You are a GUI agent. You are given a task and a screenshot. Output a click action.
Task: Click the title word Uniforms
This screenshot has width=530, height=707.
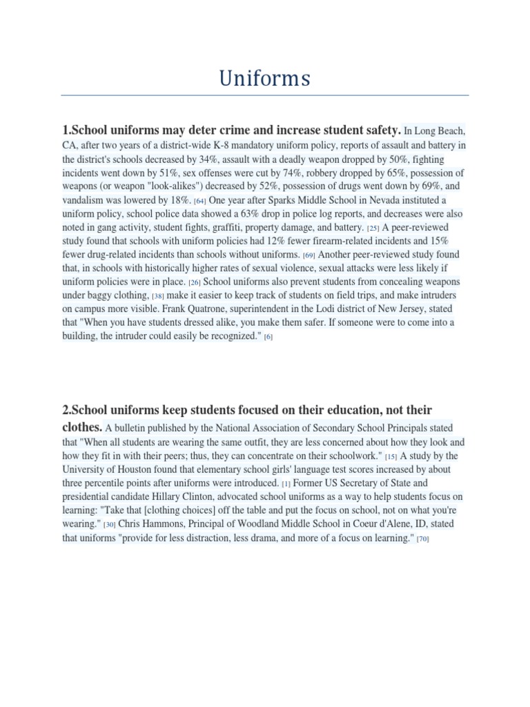coord(265,79)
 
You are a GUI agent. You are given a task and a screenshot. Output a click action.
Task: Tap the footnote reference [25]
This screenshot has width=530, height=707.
coord(373,227)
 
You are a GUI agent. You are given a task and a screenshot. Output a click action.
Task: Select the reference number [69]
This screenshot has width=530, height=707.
coord(308,255)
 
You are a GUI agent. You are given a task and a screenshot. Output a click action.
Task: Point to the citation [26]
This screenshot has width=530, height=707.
coord(195,283)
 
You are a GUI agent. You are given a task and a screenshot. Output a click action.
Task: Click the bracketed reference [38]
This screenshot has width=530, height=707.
coord(157,297)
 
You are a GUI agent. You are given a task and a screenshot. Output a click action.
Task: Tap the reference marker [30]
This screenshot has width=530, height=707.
coord(109,525)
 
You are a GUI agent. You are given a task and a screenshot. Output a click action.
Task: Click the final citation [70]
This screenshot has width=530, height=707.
coord(423,539)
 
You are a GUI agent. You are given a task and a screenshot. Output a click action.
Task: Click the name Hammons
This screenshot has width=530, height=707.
coord(170,524)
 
